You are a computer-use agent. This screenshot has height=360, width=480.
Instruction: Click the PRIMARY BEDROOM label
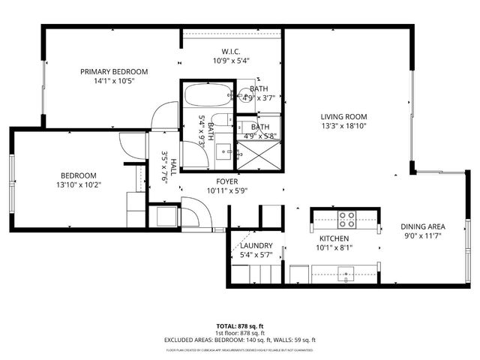(114, 72)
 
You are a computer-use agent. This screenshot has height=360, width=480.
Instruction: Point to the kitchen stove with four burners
(346, 219)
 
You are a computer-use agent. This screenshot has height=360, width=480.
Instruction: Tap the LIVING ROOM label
(343, 116)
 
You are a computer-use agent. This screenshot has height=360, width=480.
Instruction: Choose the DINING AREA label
(424, 226)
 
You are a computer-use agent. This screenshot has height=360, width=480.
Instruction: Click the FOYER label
(226, 181)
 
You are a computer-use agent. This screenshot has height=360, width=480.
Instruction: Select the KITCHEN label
(331, 236)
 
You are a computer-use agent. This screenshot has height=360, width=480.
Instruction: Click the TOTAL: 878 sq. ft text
(240, 325)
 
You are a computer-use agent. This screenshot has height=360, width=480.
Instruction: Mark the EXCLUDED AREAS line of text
(240, 340)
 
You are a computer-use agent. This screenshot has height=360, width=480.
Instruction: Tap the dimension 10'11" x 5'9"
(226, 190)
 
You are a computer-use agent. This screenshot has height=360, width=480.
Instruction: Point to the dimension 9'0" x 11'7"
(424, 236)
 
